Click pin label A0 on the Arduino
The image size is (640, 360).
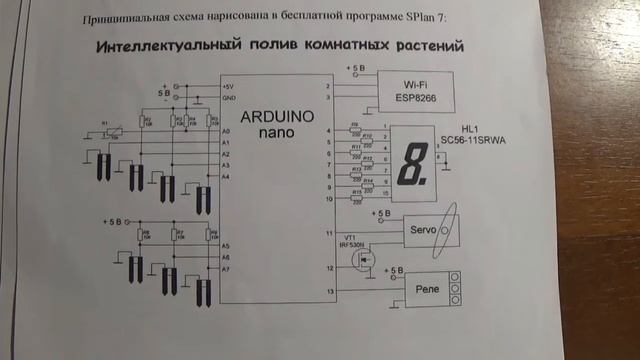226,132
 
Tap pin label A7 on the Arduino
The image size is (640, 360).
226,269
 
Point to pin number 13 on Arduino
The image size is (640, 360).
330,292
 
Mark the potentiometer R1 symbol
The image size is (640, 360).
112,129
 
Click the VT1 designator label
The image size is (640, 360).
351,237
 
